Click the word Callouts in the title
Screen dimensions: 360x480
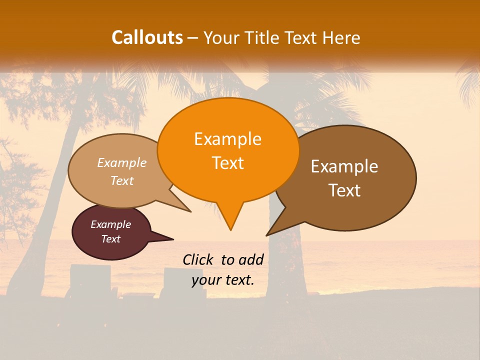click(147, 37)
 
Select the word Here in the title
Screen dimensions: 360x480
click(342, 37)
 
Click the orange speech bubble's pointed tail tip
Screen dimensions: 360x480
click(230, 229)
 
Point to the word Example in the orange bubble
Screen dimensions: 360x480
click(227, 139)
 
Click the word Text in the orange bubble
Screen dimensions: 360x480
click(227, 163)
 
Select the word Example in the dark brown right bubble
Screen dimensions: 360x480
click(344, 166)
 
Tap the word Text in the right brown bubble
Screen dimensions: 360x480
click(344, 190)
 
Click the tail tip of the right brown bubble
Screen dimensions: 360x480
click(266, 235)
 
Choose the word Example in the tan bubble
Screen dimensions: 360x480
click(122, 163)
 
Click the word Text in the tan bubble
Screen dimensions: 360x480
click(122, 180)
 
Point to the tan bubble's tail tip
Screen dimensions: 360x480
click(190, 211)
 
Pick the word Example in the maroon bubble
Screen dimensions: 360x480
click(110, 224)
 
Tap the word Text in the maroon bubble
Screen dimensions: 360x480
click(110, 239)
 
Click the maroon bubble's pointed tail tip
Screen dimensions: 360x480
click(173, 239)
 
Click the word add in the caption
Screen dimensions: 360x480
click(250, 259)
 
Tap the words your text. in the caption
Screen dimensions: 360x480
click(223, 280)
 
